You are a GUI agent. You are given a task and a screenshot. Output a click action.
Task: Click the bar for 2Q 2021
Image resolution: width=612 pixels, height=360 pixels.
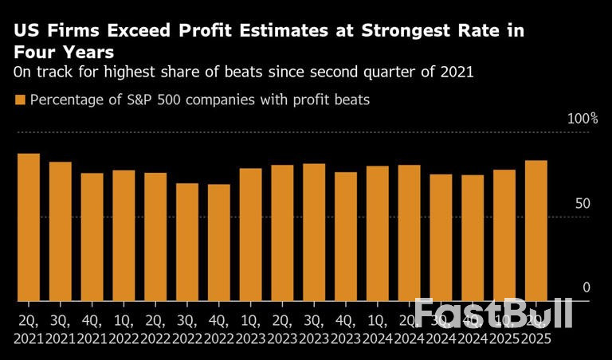click(29, 227)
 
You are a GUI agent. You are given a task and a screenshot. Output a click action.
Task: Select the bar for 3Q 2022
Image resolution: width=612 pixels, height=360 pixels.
click(187, 242)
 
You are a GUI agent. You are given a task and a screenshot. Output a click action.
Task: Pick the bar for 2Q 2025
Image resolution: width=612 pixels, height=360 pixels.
click(536, 230)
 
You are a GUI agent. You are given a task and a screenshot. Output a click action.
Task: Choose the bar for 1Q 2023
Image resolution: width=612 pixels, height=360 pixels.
click(250, 234)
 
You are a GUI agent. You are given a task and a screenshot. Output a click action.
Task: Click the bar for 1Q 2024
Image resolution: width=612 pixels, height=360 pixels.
click(378, 233)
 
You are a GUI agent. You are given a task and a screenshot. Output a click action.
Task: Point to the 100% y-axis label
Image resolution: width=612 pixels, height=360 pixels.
click(582, 119)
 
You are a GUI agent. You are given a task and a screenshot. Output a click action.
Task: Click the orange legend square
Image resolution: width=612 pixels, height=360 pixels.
click(20, 100)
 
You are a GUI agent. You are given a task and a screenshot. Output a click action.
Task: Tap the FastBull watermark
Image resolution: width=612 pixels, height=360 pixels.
click(494, 313)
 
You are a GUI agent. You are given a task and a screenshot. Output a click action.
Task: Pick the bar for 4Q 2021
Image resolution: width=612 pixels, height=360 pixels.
click(92, 237)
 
